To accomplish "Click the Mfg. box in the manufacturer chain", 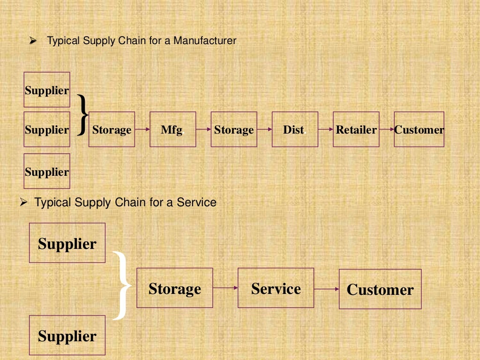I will pos(172,129).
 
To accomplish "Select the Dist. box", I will pos(294,129).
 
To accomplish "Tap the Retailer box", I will pos(356,129).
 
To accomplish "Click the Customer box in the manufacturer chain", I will pos(419,129).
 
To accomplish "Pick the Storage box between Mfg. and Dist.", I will pos(233,129).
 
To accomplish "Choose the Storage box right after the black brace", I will pos(112,129).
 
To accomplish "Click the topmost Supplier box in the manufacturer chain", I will pos(47,90).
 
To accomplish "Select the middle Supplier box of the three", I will pos(47,129).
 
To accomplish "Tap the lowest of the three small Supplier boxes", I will pos(47,171).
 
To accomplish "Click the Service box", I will pos(276,288).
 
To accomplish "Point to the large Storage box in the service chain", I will pos(174,288).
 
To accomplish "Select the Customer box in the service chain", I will pos(380,289).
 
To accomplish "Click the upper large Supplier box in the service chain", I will pos(67,243).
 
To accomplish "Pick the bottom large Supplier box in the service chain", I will pos(67,335).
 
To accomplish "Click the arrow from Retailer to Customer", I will pos(387,129).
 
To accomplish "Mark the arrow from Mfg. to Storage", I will pos(203,129).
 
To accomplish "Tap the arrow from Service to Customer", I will pos(326,289).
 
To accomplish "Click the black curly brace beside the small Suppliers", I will pos(82,114).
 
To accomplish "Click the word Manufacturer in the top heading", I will pos(205,41).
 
